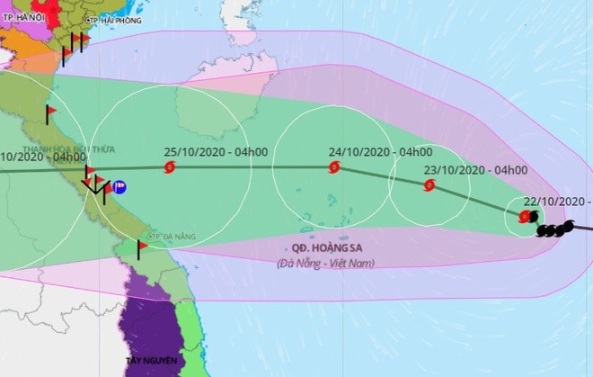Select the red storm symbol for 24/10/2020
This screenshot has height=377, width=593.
tap(334, 166)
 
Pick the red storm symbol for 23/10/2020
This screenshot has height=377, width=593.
tap(429, 186)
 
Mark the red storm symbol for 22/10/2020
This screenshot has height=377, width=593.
tap(525, 216)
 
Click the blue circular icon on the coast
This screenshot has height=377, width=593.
tap(119, 188)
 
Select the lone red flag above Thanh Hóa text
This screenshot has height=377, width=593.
tap(50, 112)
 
